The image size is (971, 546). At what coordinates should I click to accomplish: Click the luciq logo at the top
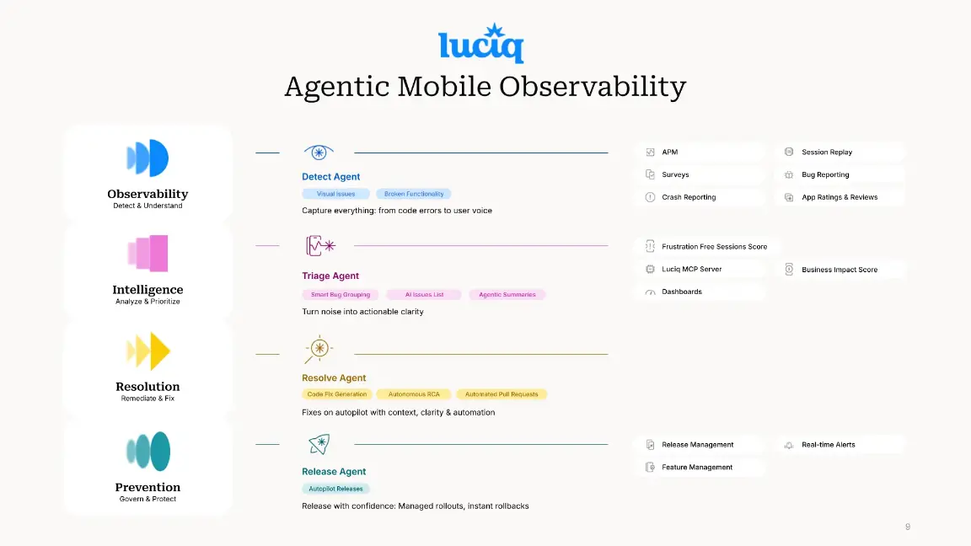point(480,44)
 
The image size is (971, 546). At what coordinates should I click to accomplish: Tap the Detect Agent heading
point(330,177)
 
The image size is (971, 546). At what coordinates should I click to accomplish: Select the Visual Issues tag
point(335,194)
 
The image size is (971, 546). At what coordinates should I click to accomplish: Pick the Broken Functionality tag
point(414,194)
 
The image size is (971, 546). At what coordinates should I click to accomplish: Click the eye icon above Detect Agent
point(319,153)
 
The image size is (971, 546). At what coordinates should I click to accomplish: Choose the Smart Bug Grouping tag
point(341,295)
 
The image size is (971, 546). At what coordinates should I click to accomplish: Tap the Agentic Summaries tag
point(507,295)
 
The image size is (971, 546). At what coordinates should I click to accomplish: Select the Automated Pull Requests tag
point(502,394)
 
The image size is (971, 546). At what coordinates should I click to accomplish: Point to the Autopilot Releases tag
point(335,489)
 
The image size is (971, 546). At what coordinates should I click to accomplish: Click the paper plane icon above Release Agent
point(319,444)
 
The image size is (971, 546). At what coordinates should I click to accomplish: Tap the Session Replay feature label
point(826,153)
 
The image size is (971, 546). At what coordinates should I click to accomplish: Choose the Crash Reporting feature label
point(689,197)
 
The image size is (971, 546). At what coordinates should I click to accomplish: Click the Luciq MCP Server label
point(691,270)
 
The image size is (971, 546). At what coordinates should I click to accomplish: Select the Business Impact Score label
point(839,270)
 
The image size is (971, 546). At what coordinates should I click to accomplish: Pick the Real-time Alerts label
point(828,445)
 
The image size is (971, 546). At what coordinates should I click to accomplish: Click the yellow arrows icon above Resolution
point(148,351)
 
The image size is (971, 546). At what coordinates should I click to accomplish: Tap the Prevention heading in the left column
point(148,487)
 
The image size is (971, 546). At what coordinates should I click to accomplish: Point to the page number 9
point(908,527)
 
